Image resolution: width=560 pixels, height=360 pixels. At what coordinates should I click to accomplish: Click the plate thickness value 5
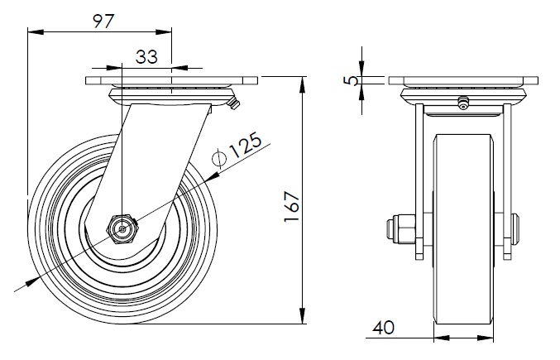click(x=352, y=80)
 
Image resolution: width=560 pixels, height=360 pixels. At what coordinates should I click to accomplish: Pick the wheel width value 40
click(x=382, y=328)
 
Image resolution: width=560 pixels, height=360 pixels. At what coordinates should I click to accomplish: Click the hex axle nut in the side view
click(x=122, y=227)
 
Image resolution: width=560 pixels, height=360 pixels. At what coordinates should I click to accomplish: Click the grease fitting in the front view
click(x=463, y=103)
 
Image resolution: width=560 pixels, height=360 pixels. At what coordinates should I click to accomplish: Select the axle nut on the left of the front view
click(x=400, y=228)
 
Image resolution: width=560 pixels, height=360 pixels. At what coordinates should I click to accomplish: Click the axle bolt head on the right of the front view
click(x=516, y=228)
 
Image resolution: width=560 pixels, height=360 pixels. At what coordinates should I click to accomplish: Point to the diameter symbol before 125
click(x=219, y=159)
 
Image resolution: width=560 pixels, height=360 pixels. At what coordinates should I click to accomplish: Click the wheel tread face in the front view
click(x=463, y=273)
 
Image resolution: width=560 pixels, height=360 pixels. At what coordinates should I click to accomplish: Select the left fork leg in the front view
click(x=419, y=178)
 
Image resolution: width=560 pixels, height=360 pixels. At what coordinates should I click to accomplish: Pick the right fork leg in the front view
click(x=506, y=178)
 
